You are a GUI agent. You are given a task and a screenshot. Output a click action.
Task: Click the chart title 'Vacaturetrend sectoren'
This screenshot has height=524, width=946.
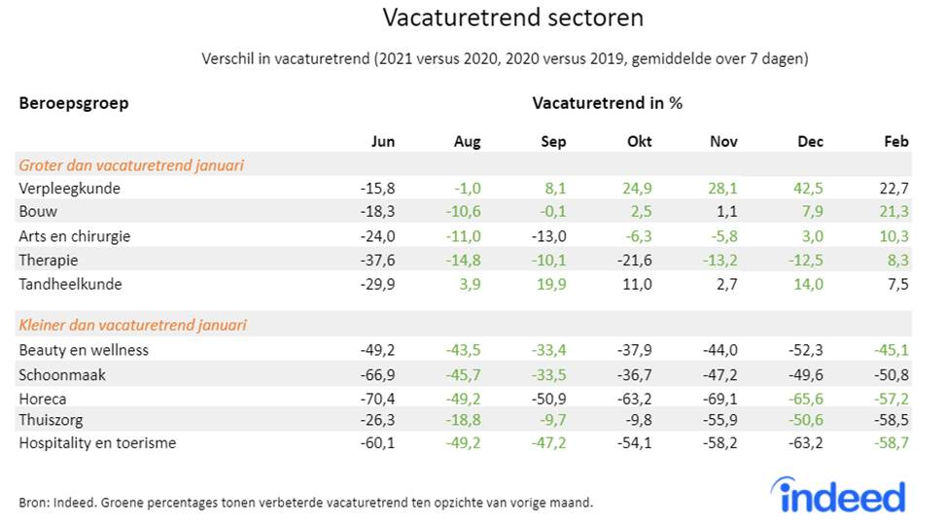click(x=512, y=18)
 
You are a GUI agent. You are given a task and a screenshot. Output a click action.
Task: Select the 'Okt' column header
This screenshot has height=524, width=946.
click(x=639, y=141)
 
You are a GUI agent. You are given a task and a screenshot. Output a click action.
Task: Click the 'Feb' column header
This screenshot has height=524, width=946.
click(x=895, y=141)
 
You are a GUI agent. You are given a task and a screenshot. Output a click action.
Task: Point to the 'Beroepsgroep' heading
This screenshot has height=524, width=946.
click(x=74, y=103)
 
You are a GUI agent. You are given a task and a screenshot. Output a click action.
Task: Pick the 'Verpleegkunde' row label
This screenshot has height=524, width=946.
click(x=70, y=189)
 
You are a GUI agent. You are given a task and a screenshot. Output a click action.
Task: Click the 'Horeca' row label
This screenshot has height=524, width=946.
click(x=44, y=398)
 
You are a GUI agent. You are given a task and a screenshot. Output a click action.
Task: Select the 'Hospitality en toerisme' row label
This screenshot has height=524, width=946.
click(x=97, y=443)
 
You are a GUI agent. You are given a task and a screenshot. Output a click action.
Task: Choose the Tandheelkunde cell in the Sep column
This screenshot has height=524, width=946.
click(x=551, y=284)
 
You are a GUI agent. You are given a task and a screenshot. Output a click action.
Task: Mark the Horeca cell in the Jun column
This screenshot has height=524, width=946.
click(x=377, y=398)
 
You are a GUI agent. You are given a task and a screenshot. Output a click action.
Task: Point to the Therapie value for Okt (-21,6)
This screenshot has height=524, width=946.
click(x=634, y=261)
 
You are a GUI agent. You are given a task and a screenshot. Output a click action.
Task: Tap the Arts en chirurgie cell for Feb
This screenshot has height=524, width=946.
click(x=892, y=236)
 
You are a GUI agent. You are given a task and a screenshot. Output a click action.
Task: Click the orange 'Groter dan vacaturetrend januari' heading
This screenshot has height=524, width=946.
click(x=131, y=165)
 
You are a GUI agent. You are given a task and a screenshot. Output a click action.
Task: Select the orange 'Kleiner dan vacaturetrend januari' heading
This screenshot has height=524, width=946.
click(x=132, y=325)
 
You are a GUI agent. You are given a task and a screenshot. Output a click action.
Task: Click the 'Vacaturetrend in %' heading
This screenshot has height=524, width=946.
click(x=607, y=103)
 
